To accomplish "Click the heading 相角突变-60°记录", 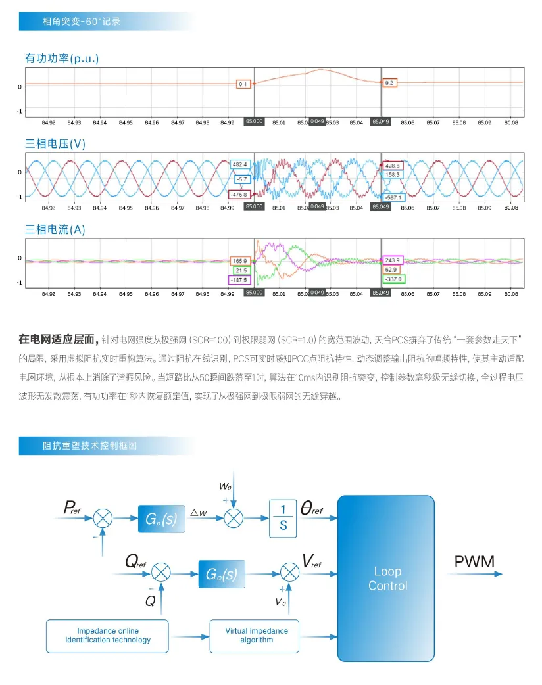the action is coord(82,21).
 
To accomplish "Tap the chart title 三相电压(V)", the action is coord(55,144).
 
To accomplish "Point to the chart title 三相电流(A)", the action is coord(55,230).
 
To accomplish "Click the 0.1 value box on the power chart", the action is coord(243,84).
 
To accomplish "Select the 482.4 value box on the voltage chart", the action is coord(239,164).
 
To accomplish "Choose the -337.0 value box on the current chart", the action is coord(394,279).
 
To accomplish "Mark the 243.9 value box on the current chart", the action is coord(393,260).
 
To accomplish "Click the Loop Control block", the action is coord(387,579).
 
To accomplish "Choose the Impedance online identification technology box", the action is coord(108,635).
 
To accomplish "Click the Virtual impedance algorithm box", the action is coord(257,635).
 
